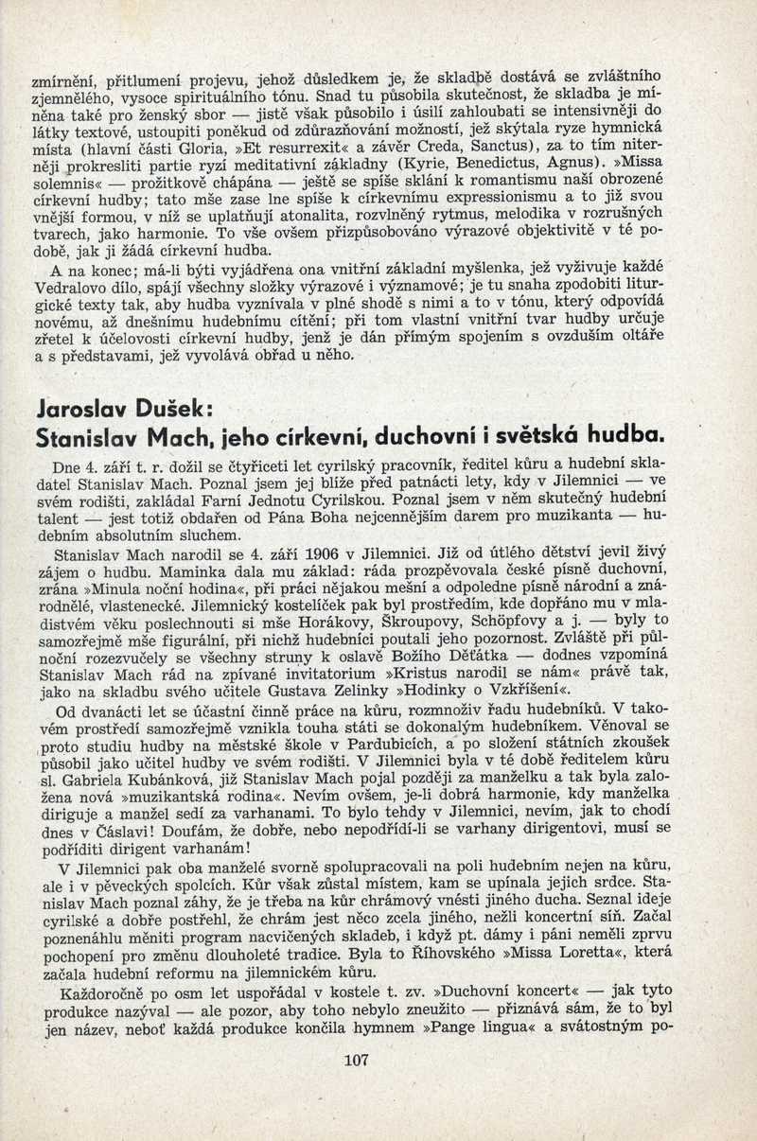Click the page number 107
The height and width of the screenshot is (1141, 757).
[357, 1060]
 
